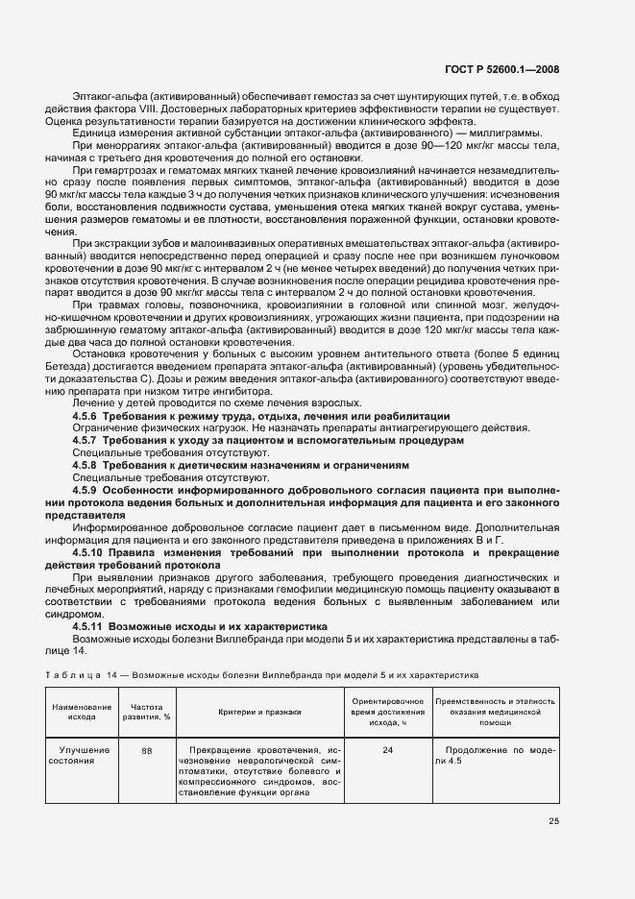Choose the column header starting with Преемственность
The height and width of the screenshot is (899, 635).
[x=496, y=711]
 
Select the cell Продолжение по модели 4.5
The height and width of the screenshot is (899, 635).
[x=496, y=755]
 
